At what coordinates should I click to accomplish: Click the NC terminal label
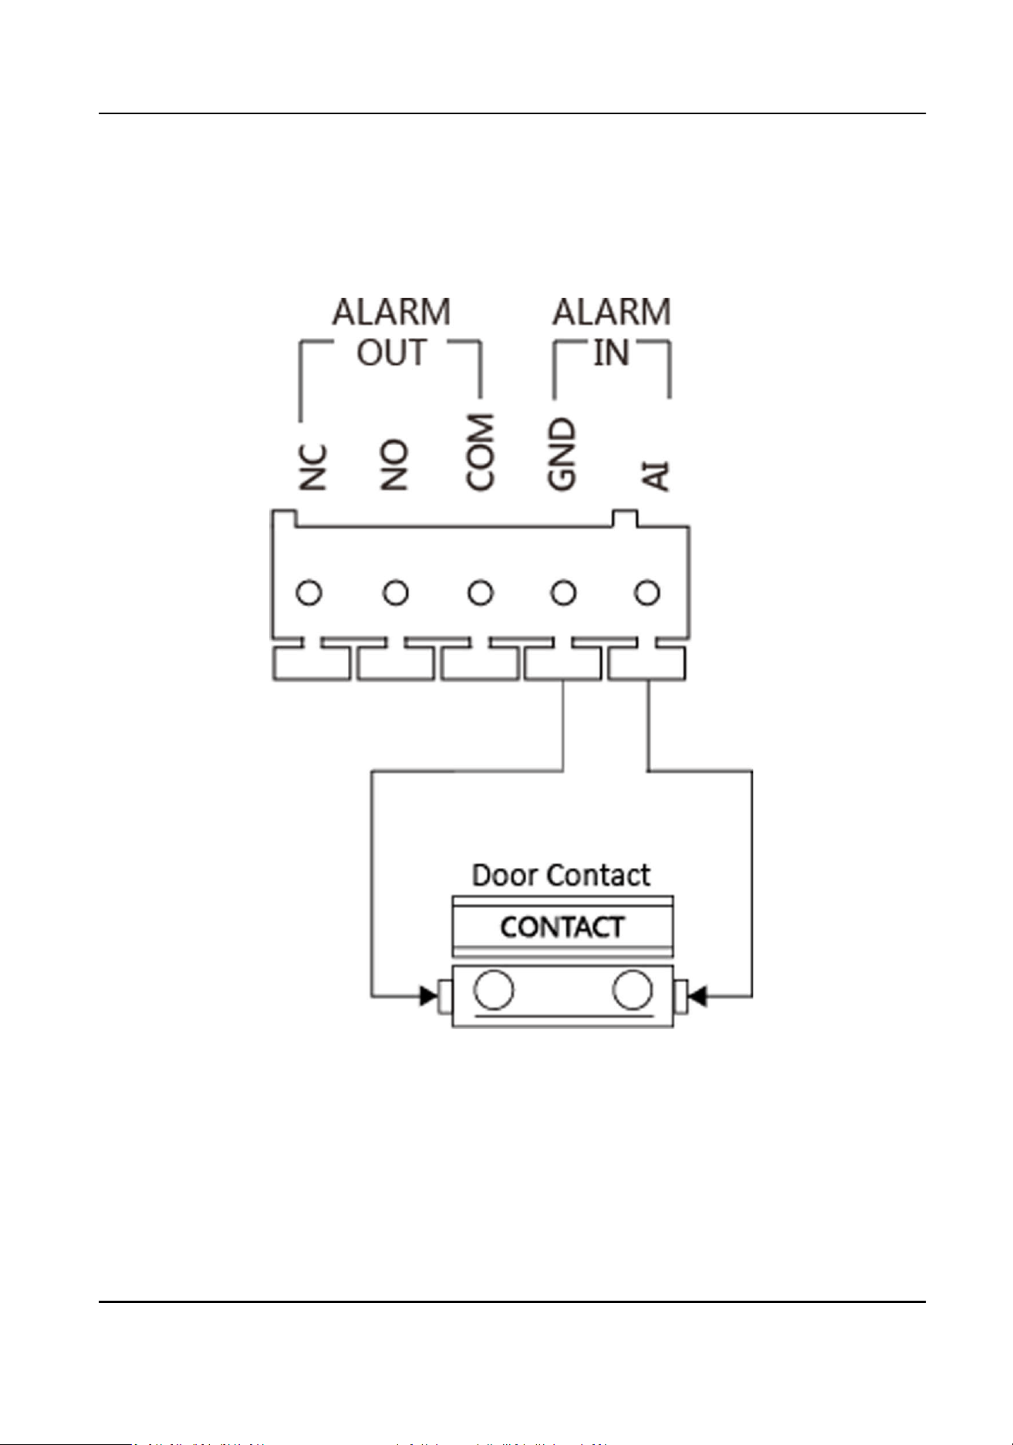[313, 468]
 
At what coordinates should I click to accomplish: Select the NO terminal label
[394, 465]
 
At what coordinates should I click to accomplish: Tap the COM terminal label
[479, 452]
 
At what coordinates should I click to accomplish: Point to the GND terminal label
[562, 454]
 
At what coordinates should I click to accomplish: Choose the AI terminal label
[655, 476]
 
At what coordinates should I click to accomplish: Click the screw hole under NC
[309, 593]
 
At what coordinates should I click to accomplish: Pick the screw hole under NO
[395, 593]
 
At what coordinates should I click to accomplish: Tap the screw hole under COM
[480, 593]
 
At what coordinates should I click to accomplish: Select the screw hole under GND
[563, 593]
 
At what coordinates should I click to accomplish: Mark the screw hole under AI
[647, 593]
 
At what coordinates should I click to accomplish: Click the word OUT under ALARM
[391, 353]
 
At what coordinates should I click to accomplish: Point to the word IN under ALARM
[611, 353]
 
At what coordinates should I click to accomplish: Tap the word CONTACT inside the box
[562, 927]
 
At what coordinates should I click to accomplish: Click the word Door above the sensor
[504, 875]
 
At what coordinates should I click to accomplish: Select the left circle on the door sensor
[493, 990]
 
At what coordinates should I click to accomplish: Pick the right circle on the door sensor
[632, 990]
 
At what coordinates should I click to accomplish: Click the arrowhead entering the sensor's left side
[428, 996]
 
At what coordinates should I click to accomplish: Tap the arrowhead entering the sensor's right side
[696, 997]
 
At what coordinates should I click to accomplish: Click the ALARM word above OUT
[391, 312]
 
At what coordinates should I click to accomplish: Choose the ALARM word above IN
[611, 312]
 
